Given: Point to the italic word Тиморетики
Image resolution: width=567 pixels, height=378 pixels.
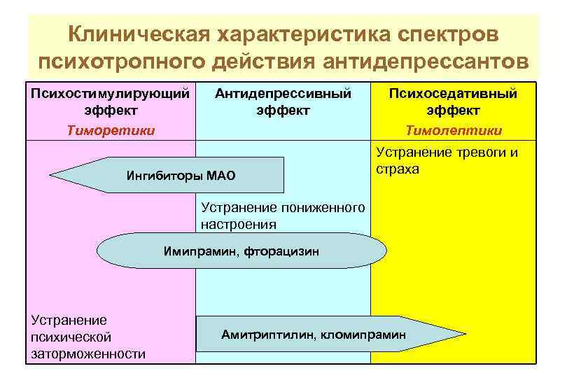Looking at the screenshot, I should coord(111,130).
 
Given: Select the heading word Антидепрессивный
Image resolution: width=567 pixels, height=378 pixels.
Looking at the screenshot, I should coord(283,93).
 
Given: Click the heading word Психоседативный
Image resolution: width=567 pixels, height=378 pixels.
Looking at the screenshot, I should coord(453,93).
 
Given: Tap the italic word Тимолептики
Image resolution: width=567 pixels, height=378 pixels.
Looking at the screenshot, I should coord(453,130).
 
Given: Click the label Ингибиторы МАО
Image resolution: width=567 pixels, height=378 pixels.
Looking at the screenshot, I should coord(181,175).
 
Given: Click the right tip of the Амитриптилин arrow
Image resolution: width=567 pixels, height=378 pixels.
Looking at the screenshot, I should coord(465,335).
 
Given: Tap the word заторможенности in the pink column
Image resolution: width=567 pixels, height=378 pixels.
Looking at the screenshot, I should coord(88,353).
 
